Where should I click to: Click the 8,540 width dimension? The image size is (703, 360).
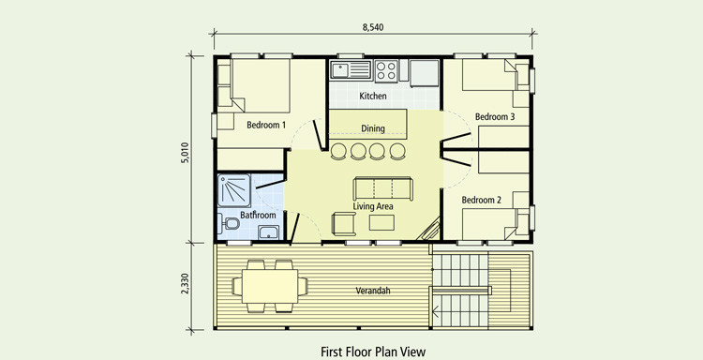[x=372, y=27]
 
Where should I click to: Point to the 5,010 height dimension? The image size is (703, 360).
[x=186, y=153]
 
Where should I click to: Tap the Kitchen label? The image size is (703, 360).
[x=372, y=96]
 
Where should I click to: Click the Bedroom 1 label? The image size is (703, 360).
[x=266, y=125]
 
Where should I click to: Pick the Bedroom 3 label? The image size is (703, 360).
[x=495, y=117]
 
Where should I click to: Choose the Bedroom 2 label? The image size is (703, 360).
[x=482, y=200]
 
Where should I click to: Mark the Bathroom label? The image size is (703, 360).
[x=258, y=215]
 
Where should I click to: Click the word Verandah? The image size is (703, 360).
[x=373, y=291]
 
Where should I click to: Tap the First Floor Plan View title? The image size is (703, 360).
[x=373, y=352]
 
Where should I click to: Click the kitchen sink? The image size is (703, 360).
[x=351, y=70]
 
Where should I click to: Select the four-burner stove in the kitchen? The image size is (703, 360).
[x=386, y=70]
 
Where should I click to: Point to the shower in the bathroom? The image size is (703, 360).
[x=234, y=190]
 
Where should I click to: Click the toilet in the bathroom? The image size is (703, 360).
[x=229, y=223]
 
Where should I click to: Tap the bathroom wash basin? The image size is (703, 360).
[x=268, y=232]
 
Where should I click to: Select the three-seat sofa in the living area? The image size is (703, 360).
[x=382, y=188]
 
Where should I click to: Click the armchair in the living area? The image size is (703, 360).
[x=343, y=224]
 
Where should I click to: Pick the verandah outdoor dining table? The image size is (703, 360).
[x=270, y=286]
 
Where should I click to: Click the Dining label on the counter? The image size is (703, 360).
[x=373, y=128]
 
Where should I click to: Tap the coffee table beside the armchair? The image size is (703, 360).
[x=382, y=222]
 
